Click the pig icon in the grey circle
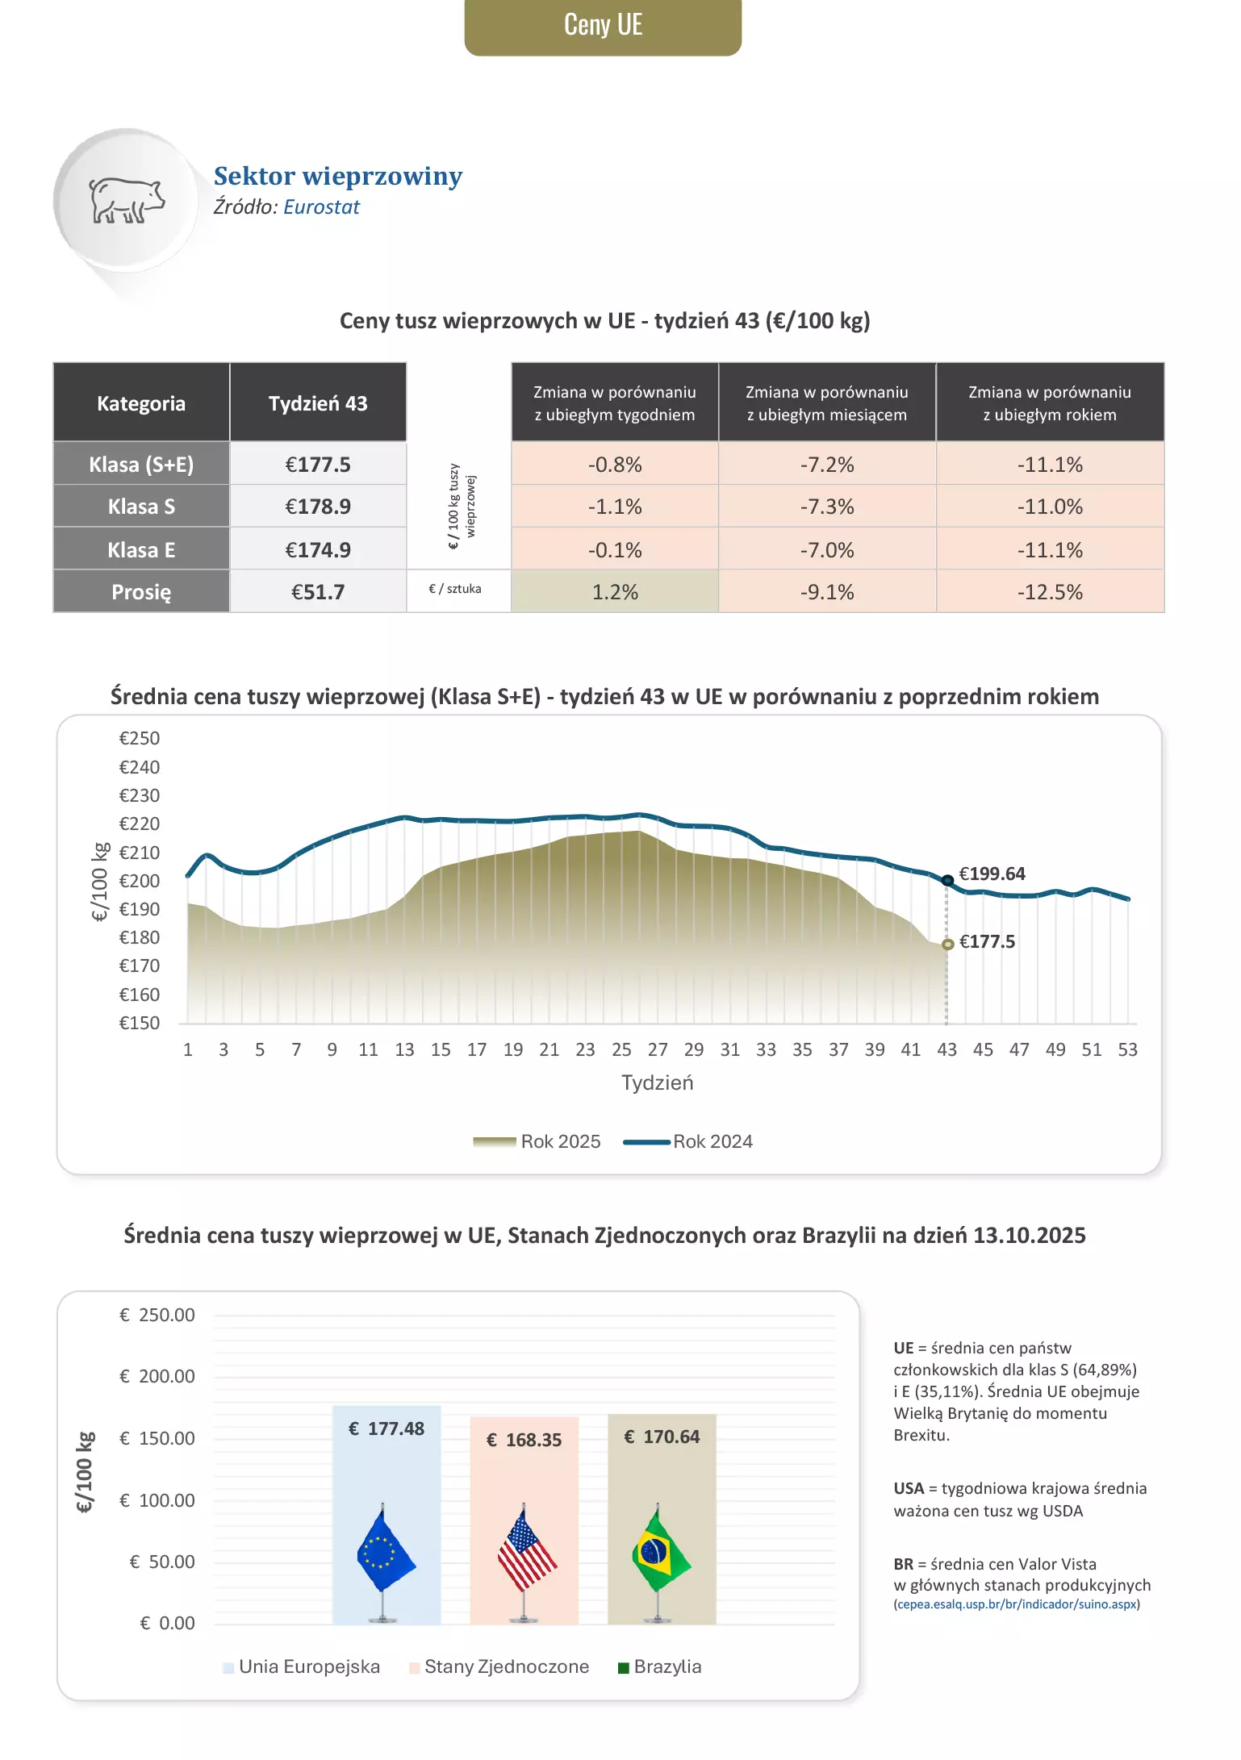tap(126, 200)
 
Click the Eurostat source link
tap(321, 207)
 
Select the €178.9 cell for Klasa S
tap(318, 507)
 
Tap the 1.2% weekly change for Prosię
tap(615, 592)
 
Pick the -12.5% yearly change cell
tap(1049, 592)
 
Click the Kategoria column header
tap(141, 403)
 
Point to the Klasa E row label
tap(141, 550)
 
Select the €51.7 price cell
tap(318, 592)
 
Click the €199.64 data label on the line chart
tap(992, 874)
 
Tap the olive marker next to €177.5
tap(948, 944)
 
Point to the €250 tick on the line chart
tap(140, 738)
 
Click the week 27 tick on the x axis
tap(658, 1049)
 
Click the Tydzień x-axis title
tap(657, 1082)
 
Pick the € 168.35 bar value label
tap(524, 1440)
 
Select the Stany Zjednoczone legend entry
tap(506, 1666)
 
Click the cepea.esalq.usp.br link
tap(1017, 1604)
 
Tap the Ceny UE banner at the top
tap(603, 26)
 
